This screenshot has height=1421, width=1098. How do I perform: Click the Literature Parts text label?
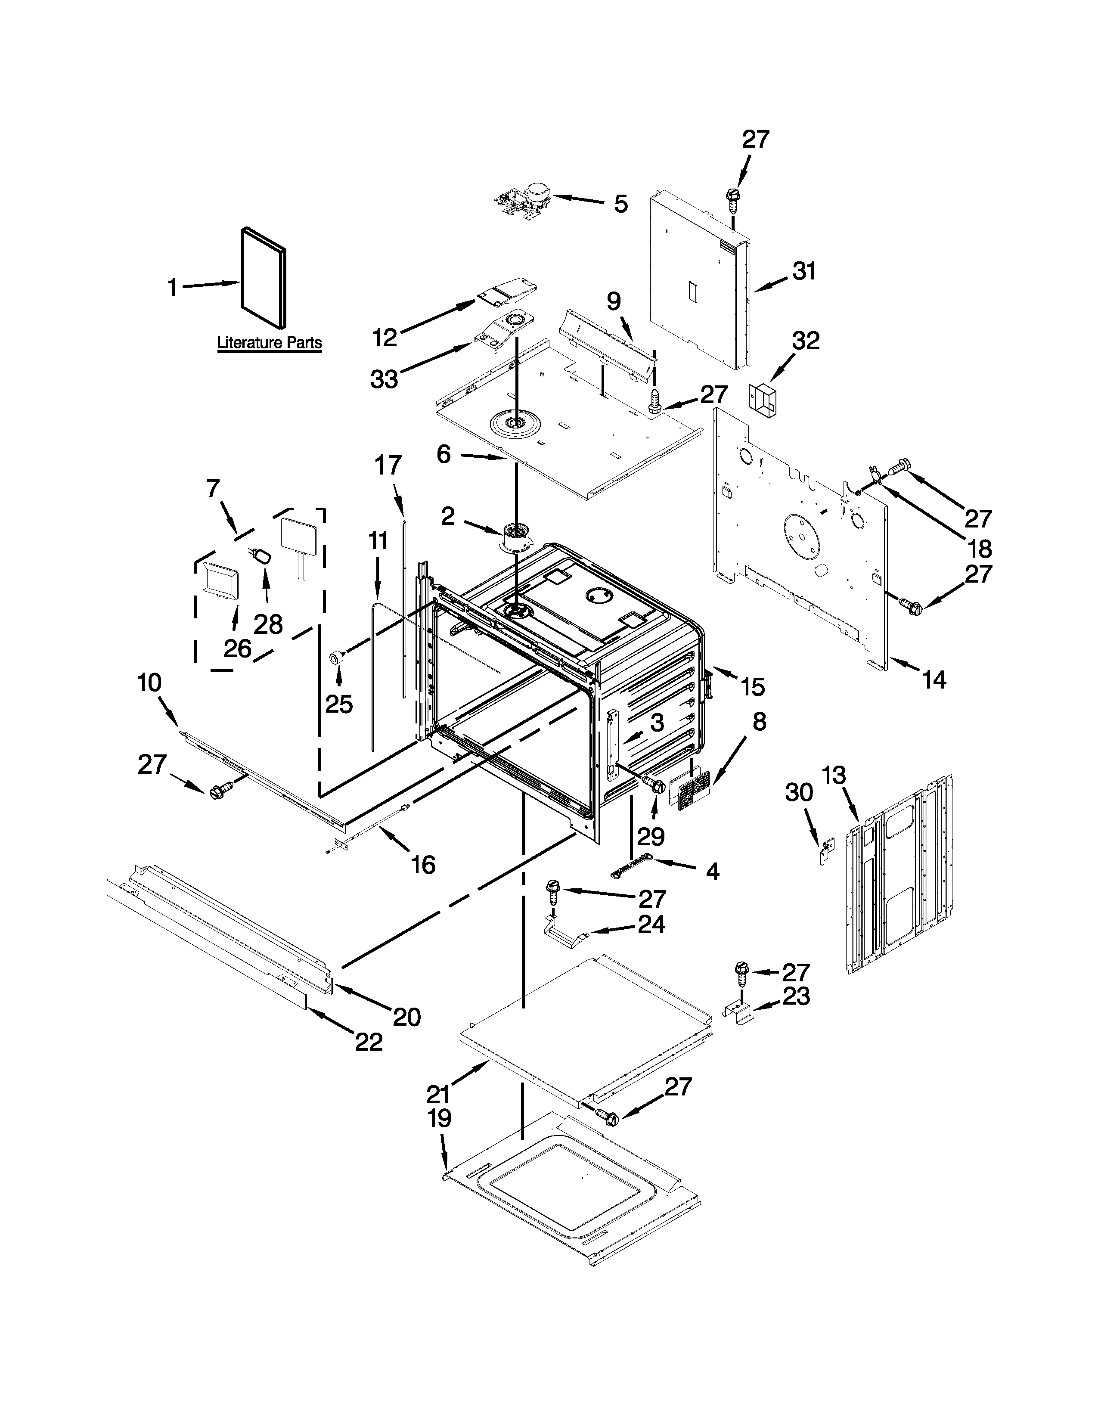tap(269, 342)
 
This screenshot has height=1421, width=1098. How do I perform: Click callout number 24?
tap(651, 924)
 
